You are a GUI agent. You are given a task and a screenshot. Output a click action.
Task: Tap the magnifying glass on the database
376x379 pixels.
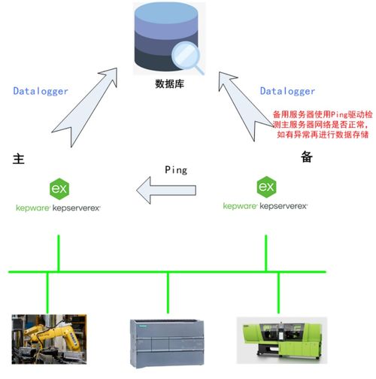[187, 58]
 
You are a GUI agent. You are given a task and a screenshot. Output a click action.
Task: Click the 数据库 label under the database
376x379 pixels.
[170, 85]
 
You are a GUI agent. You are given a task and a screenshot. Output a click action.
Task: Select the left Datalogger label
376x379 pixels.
[41, 91]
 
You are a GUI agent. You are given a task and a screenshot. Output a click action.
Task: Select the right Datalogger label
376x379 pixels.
[287, 91]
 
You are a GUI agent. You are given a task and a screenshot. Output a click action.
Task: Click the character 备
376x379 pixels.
[306, 156]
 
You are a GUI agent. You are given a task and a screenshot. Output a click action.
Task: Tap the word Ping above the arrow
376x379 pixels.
[175, 170]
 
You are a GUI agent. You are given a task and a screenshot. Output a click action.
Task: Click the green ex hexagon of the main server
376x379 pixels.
[58, 187]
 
